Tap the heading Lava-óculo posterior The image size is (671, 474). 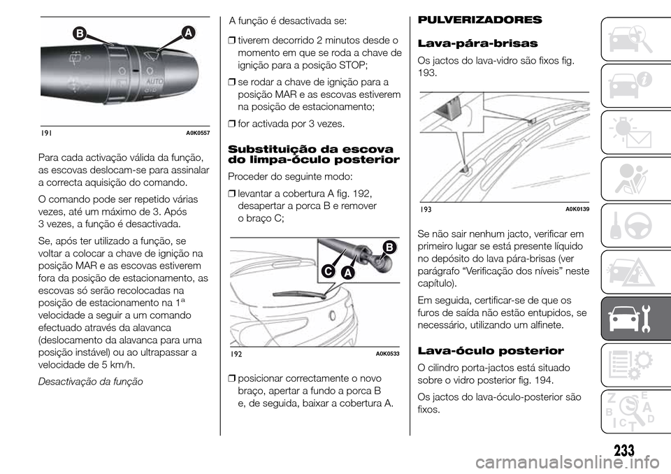pyautogui.click(x=469, y=351)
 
